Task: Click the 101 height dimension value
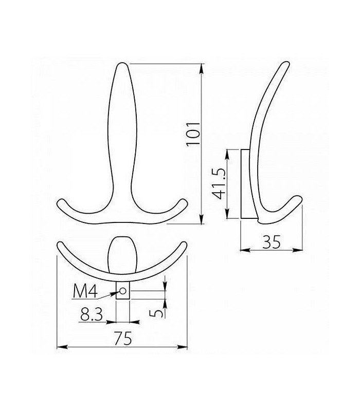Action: (193, 134)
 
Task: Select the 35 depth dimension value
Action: (272, 241)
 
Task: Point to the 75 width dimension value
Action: (123, 339)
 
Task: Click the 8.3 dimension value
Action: (92, 314)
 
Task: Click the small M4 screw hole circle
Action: (123, 291)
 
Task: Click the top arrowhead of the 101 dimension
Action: (201, 68)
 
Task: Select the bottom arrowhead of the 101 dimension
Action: (201, 219)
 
